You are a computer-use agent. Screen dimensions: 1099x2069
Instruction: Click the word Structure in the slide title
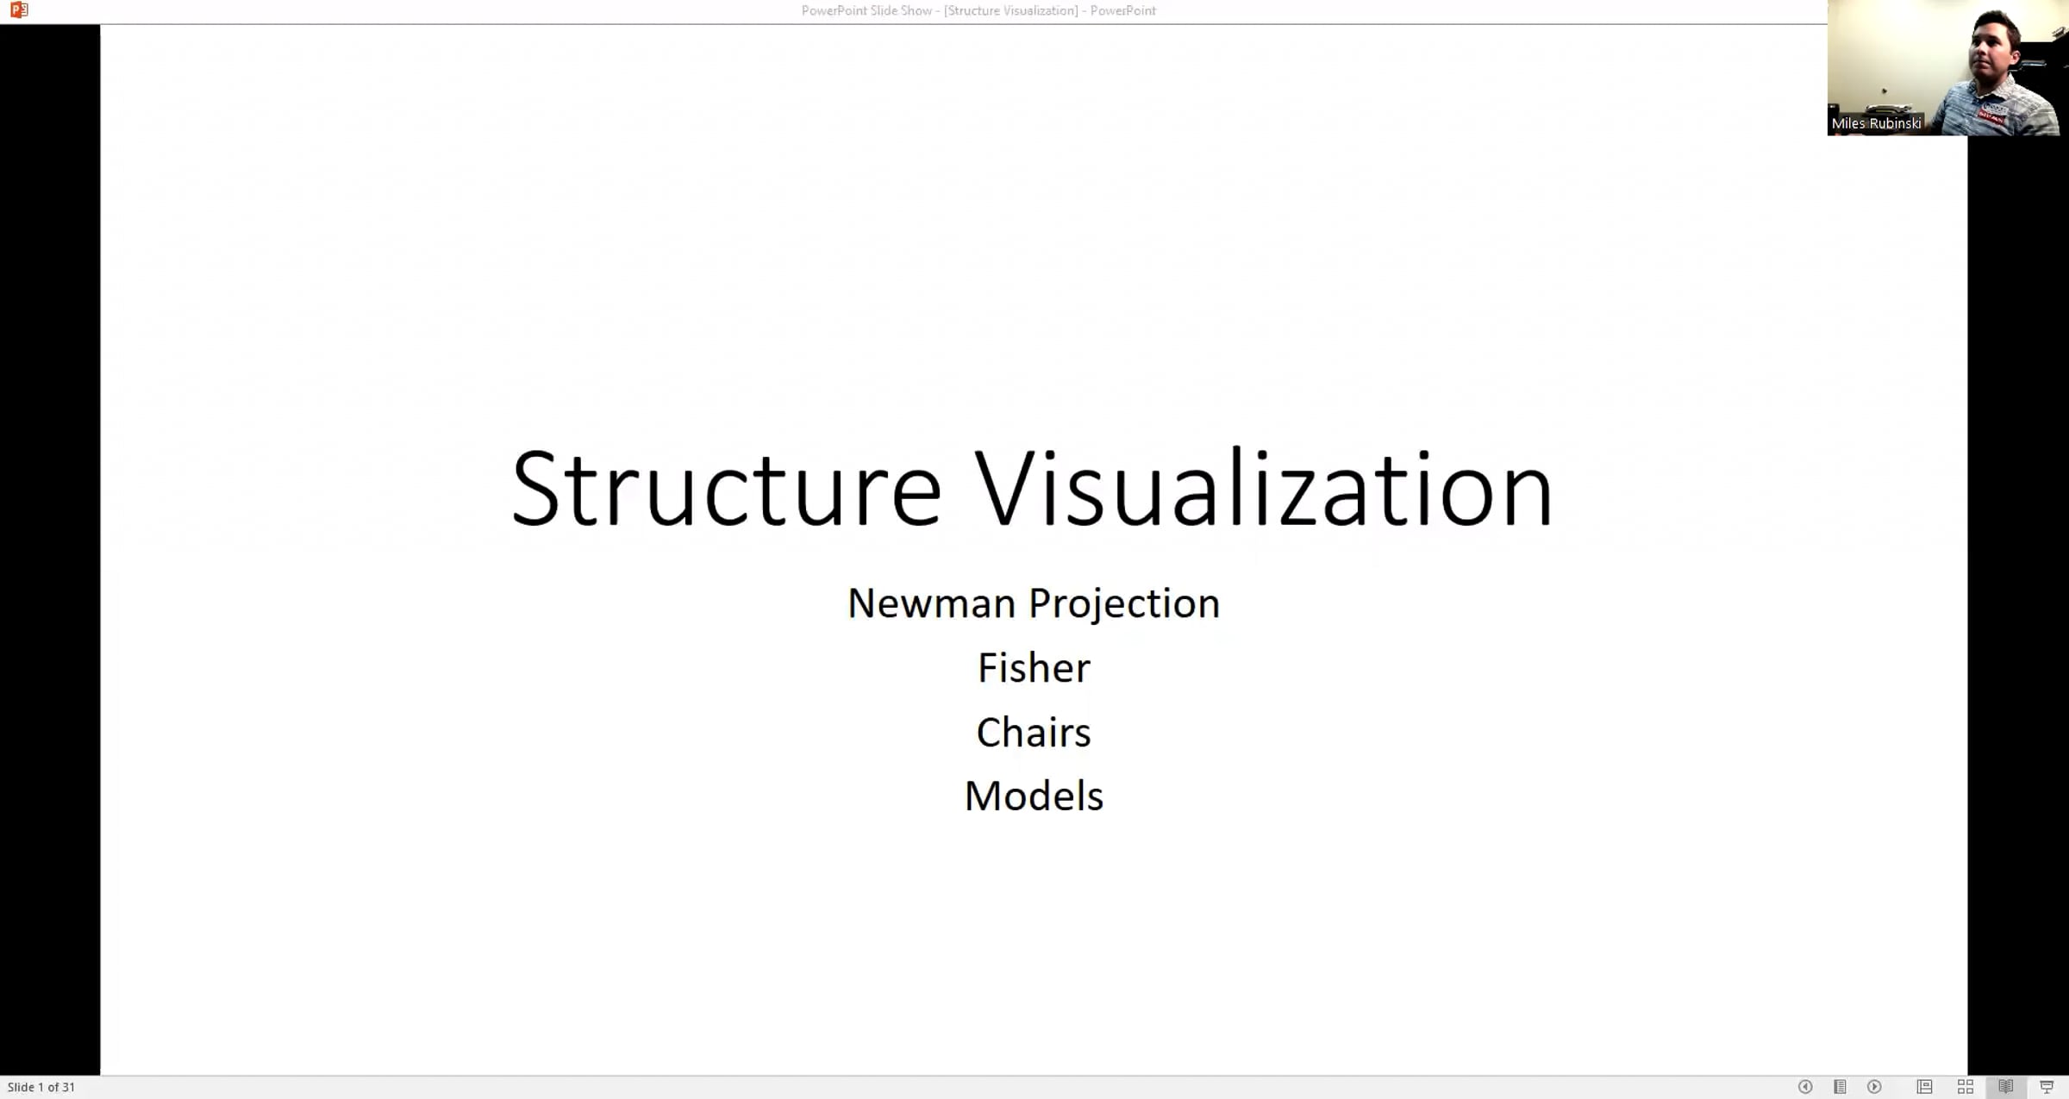click(x=726, y=490)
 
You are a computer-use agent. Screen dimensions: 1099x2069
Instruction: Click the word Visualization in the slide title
click(x=1264, y=490)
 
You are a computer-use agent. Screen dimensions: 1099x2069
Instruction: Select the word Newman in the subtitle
click(x=931, y=603)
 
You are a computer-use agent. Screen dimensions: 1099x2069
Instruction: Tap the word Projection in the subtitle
click(x=1124, y=603)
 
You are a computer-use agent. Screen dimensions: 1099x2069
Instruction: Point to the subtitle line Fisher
click(x=1034, y=668)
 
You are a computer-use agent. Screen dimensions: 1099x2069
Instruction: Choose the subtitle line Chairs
click(x=1034, y=733)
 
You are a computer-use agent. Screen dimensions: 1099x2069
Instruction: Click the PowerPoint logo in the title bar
click(x=19, y=10)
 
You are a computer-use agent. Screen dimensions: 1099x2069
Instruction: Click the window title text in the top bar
click(x=978, y=10)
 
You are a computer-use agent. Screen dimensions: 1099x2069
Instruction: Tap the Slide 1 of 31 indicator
click(x=41, y=1087)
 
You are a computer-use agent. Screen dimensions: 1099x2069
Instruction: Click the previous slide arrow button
click(x=1805, y=1087)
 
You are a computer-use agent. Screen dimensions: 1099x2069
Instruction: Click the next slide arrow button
click(x=1874, y=1087)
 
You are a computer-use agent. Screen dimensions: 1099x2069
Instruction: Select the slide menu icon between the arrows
click(x=1840, y=1087)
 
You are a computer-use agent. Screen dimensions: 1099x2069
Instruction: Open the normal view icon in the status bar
click(x=1924, y=1087)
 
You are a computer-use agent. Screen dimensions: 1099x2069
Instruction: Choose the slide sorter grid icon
click(x=1966, y=1087)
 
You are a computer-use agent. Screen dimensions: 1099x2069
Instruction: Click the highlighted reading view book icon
click(x=2006, y=1087)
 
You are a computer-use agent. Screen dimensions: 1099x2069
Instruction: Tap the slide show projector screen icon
click(x=2047, y=1087)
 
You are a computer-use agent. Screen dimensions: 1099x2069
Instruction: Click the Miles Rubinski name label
click(x=1876, y=123)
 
